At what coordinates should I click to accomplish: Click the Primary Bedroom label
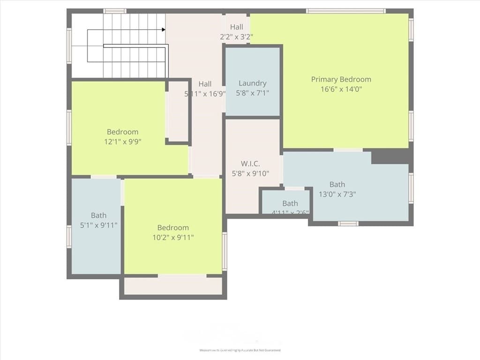(x=341, y=79)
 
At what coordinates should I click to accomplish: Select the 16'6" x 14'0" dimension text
(x=341, y=89)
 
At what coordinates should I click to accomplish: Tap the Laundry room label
(x=253, y=83)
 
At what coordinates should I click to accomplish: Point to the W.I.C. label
(x=250, y=164)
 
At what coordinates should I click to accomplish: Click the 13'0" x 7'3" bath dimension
(x=337, y=194)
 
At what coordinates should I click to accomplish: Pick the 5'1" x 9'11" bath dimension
(x=98, y=225)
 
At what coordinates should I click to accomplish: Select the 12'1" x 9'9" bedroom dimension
(x=122, y=142)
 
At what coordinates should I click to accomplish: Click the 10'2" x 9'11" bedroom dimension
(x=173, y=237)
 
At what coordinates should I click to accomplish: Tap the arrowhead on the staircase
(x=164, y=30)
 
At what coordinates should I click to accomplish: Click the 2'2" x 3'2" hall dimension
(x=236, y=37)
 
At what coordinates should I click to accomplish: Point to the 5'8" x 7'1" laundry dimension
(x=253, y=93)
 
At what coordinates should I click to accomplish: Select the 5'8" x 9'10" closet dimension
(x=250, y=173)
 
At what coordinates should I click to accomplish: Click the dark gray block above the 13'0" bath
(x=392, y=157)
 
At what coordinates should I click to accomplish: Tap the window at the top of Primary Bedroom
(x=345, y=11)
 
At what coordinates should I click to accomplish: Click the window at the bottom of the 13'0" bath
(x=348, y=224)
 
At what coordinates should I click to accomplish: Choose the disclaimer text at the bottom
(x=240, y=350)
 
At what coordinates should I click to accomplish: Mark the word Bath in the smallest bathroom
(x=290, y=203)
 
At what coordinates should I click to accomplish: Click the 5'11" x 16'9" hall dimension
(x=205, y=94)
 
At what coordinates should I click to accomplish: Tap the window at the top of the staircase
(x=115, y=11)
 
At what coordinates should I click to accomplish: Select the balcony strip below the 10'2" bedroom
(x=173, y=286)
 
